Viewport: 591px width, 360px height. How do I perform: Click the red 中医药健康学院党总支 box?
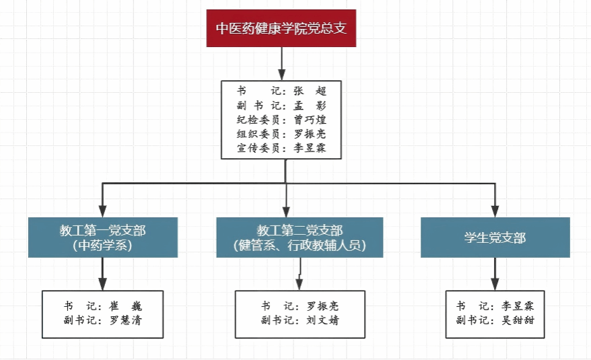281,28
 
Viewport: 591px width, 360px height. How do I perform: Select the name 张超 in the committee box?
310,91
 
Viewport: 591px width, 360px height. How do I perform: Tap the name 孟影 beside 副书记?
310,106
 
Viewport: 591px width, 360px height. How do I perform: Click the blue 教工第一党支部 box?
103,237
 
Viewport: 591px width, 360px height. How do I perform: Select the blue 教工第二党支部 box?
300,237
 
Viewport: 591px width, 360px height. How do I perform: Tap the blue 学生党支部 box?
495,237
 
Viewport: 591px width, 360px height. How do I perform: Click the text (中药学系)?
103,246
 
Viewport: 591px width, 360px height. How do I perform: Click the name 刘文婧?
323,320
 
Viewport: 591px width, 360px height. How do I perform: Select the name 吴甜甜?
518,320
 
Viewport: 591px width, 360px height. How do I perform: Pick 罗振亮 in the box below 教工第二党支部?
323,306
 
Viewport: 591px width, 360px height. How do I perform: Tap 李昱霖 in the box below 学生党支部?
518,306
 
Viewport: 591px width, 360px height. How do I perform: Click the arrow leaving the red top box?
282,64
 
